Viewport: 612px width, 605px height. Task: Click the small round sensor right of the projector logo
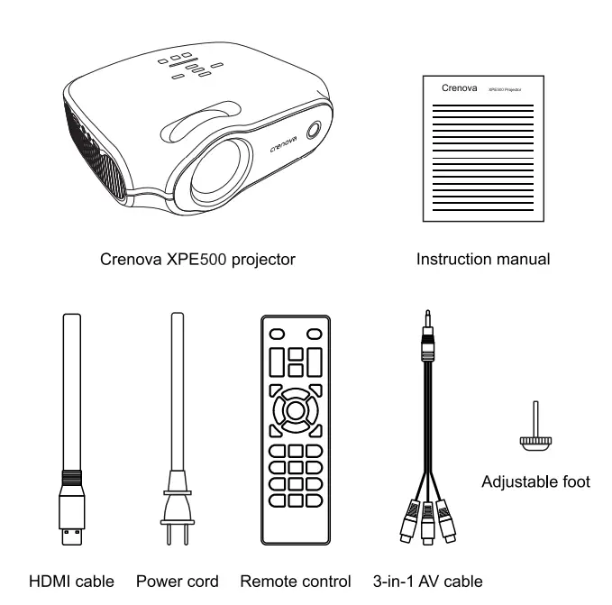tap(312, 129)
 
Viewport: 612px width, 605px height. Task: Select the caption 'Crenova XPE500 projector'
tap(198, 260)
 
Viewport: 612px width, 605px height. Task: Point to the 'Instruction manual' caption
tap(482, 260)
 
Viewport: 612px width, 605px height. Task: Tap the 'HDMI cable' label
tap(72, 582)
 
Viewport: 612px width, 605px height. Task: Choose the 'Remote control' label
tap(296, 582)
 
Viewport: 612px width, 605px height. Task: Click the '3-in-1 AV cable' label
tap(426, 582)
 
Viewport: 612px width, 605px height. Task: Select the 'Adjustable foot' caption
tap(536, 481)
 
